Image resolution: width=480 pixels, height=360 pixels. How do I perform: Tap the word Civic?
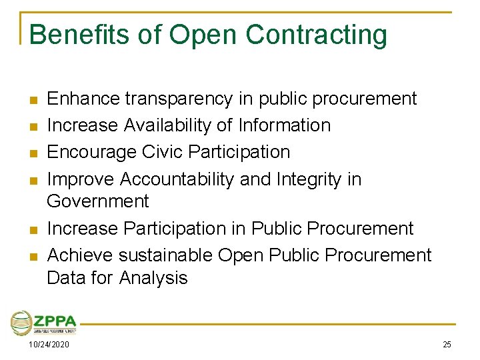(x=164, y=152)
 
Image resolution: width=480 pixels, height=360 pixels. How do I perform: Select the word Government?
(x=98, y=201)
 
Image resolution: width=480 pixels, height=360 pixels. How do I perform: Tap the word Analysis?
(x=153, y=277)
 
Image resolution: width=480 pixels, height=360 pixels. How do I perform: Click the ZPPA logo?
(x=43, y=323)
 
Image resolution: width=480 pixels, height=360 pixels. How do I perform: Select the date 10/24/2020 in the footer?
(x=49, y=344)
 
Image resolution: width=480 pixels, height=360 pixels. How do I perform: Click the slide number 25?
(x=447, y=344)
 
